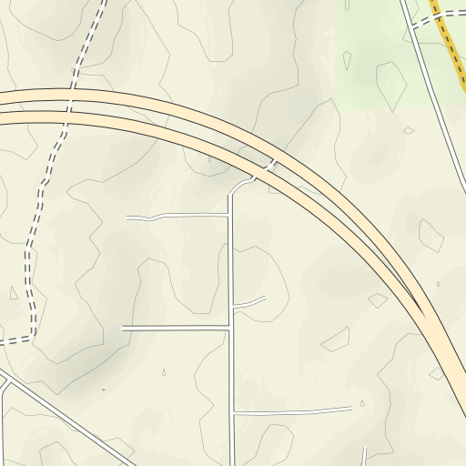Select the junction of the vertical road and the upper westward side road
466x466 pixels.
(229, 216)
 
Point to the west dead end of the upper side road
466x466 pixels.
(127, 218)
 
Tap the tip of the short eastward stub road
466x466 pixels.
(266, 298)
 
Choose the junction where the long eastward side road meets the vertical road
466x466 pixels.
(233, 412)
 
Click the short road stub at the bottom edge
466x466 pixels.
(365, 456)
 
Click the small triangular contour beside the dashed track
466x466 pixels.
(13, 293)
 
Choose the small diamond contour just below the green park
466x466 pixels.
(409, 131)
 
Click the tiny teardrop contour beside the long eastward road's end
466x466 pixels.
(361, 403)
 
